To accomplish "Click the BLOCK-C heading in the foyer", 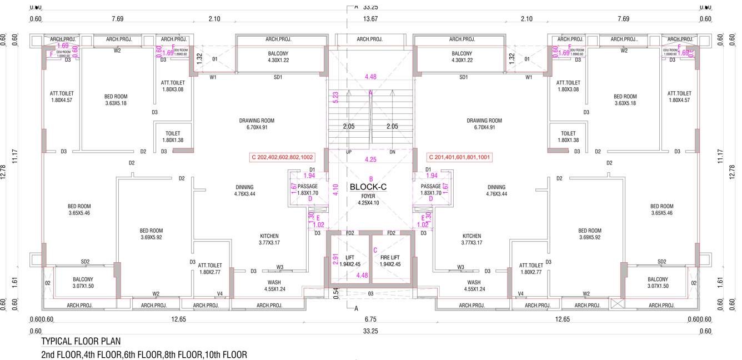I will click(x=368, y=187).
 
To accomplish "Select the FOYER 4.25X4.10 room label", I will click(x=368, y=199).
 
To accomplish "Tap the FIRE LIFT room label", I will click(x=390, y=261).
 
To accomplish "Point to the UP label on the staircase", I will click(x=349, y=152).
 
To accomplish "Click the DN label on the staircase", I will click(x=392, y=152).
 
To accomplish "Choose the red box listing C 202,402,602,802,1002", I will click(x=282, y=157).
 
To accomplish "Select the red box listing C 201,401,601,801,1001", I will click(x=459, y=157).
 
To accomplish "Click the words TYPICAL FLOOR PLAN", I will click(x=81, y=341).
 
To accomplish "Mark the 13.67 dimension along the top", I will click(x=370, y=19).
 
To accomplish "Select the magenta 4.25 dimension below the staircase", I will click(x=370, y=159).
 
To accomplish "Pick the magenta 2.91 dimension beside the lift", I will click(x=335, y=259).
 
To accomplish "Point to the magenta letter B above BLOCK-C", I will click(x=370, y=178).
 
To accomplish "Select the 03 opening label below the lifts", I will click(x=370, y=293).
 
